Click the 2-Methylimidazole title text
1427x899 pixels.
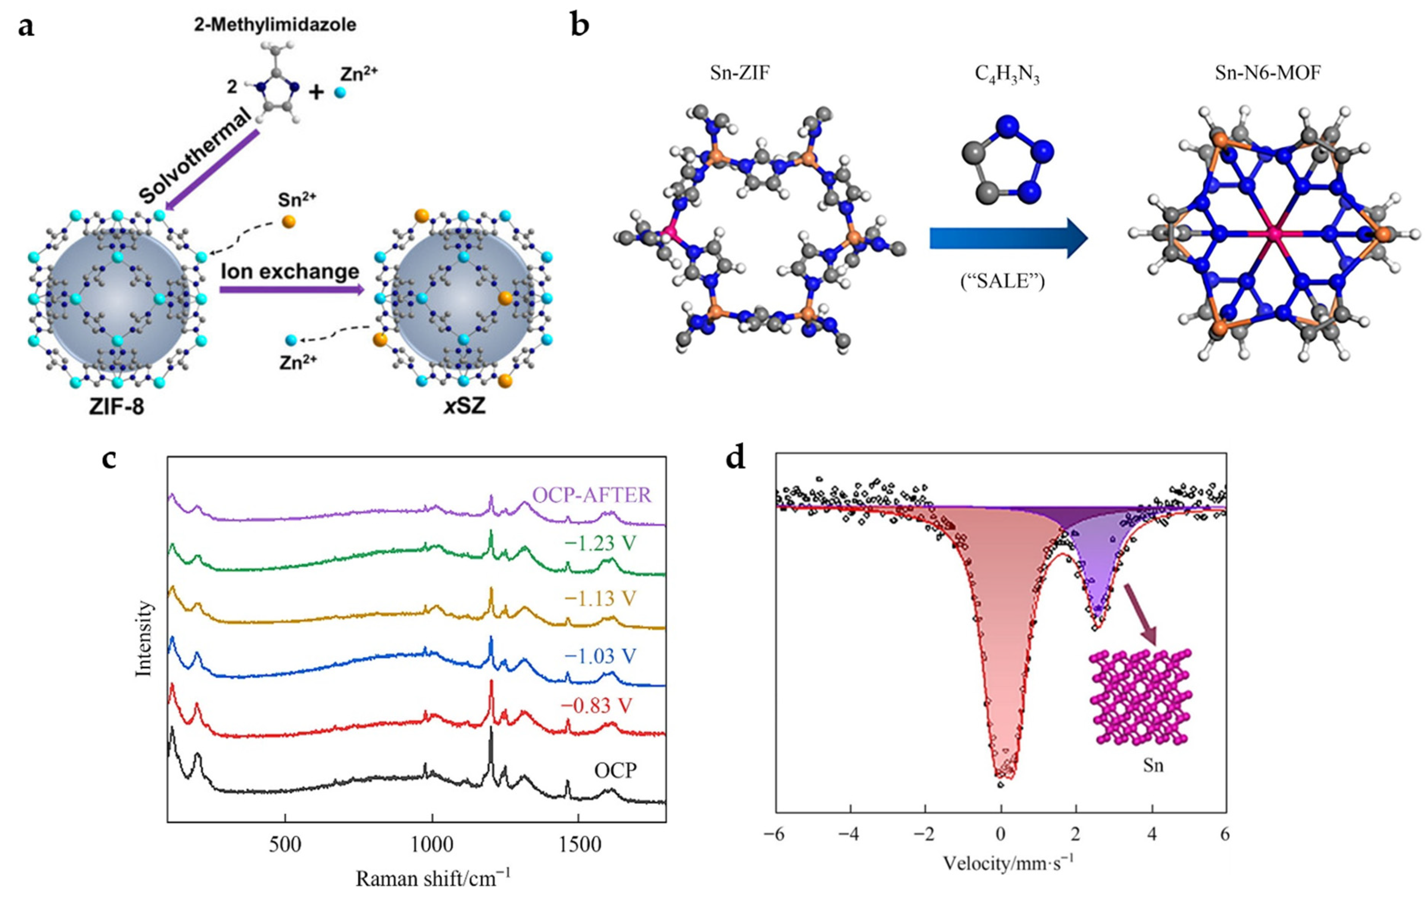(x=275, y=25)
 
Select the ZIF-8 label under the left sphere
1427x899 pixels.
(x=117, y=407)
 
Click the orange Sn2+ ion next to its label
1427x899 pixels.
(x=289, y=222)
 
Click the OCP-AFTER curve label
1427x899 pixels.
(x=592, y=495)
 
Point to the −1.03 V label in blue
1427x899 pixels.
(x=600, y=656)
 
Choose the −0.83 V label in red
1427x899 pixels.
(x=596, y=706)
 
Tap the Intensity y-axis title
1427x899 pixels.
(x=144, y=638)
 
